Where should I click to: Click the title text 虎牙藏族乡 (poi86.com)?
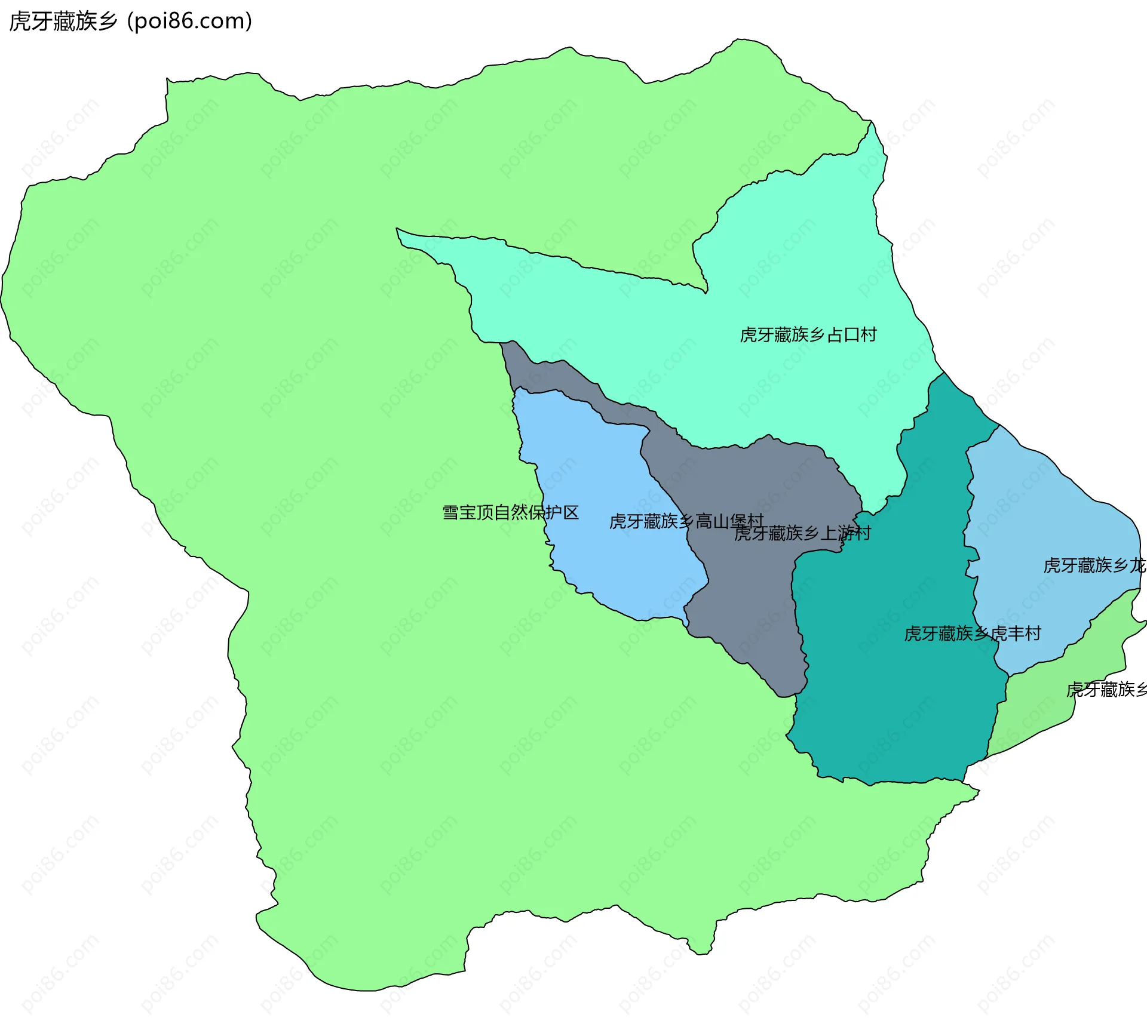pyautogui.click(x=130, y=21)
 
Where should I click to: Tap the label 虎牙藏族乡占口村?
pyautogui.click(x=808, y=335)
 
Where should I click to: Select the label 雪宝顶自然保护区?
pyautogui.click(x=510, y=512)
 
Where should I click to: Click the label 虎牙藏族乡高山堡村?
pyautogui.click(x=686, y=521)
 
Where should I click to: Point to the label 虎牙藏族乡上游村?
pyautogui.click(x=802, y=533)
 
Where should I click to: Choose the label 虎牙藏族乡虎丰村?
pyautogui.click(x=972, y=634)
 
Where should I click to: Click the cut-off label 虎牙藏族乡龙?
pyautogui.click(x=1094, y=565)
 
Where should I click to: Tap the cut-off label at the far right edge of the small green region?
pyautogui.click(x=1106, y=690)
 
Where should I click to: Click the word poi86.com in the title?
pyautogui.click(x=189, y=21)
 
